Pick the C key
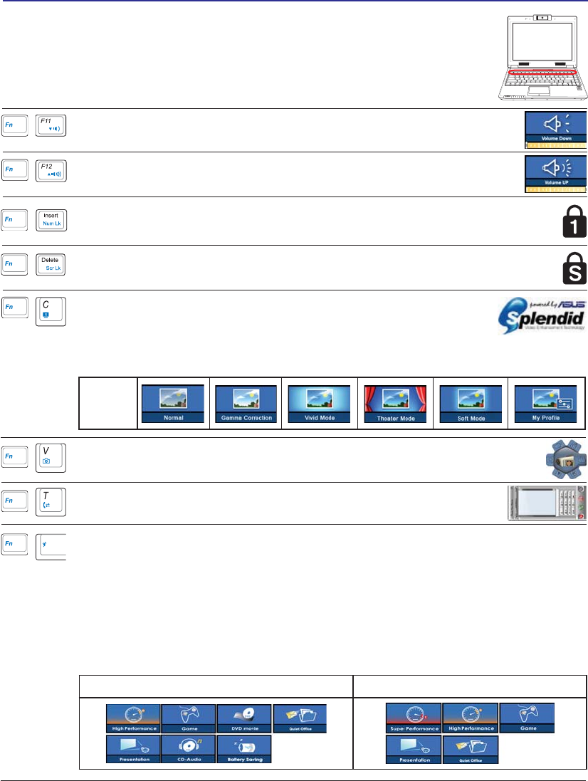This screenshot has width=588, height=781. click(x=51, y=310)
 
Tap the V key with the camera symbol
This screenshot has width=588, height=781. click(x=51, y=456)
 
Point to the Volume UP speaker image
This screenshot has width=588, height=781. click(x=556, y=174)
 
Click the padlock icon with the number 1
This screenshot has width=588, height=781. click(x=574, y=223)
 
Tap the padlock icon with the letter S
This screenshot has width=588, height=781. click(x=574, y=268)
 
